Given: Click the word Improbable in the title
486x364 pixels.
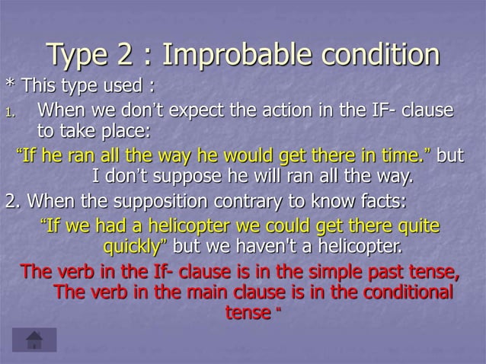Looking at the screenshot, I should pos(235,56).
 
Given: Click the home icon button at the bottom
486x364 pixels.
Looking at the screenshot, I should pos(34,340).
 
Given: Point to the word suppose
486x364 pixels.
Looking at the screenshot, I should pos(197,178).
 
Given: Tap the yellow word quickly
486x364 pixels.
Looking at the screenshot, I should pos(134,247).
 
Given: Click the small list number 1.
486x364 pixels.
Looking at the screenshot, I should pos(9,113).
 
